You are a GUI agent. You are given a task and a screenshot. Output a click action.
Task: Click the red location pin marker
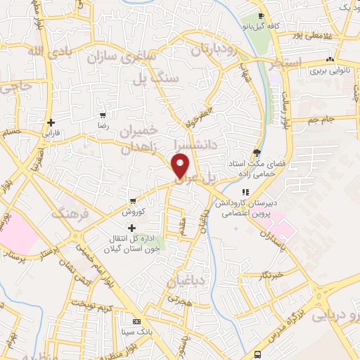pyautogui.click(x=181, y=165)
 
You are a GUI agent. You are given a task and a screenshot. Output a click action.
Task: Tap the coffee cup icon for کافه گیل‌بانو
pyautogui.click(x=261, y=15)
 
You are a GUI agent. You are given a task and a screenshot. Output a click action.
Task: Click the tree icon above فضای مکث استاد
pyautogui.click(x=257, y=153)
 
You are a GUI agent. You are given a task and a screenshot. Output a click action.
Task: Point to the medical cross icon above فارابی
pyautogui.click(x=51, y=122)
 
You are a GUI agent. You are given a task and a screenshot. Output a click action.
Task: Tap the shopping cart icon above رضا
pyautogui.click(x=103, y=115)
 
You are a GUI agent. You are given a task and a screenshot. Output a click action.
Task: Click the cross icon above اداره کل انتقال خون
pyautogui.click(x=131, y=227)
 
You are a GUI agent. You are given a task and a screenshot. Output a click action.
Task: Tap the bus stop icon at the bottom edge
pyautogui.click(x=259, y=354)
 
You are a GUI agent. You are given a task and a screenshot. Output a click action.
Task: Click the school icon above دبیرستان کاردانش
pyautogui.click(x=245, y=192)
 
